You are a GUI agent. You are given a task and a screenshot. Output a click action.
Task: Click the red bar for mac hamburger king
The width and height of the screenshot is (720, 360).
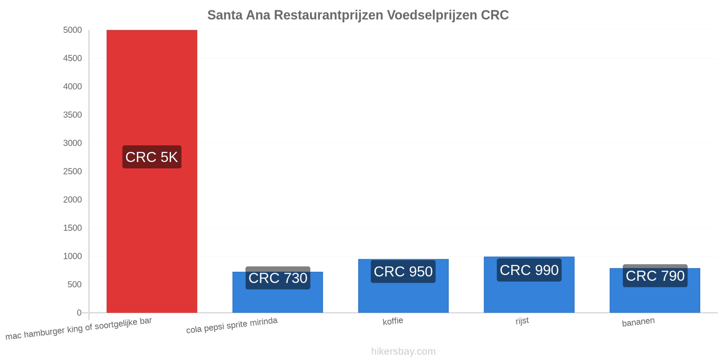point(152,171)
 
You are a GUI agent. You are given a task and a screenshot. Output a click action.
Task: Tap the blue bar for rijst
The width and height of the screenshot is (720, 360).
point(529,285)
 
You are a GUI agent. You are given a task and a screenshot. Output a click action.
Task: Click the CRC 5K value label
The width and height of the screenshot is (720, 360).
point(152,157)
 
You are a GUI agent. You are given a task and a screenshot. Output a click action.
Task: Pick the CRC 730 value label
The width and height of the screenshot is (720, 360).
point(278,278)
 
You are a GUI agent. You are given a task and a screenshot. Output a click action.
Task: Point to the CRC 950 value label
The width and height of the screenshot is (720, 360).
point(403,272)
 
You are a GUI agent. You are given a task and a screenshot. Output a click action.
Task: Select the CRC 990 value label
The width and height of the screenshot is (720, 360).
point(529,270)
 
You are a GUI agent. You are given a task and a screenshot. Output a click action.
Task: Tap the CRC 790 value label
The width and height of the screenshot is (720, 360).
point(655,276)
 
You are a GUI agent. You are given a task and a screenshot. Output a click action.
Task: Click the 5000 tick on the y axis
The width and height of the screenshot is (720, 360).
point(72,30)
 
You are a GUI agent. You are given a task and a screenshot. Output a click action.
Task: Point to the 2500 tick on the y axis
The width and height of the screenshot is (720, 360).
point(72,171)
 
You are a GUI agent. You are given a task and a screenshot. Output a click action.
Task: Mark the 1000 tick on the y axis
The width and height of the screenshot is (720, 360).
point(72,256)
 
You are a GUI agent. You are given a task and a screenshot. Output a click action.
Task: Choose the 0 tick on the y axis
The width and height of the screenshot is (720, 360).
point(79,313)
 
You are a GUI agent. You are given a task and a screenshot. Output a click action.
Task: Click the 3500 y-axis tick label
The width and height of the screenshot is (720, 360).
point(72,115)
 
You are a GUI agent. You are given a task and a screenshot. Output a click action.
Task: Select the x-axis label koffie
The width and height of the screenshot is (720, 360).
point(393,321)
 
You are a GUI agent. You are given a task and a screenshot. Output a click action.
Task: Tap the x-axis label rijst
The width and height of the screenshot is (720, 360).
point(522,321)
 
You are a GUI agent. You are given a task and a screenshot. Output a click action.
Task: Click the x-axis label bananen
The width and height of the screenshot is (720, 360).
point(638,322)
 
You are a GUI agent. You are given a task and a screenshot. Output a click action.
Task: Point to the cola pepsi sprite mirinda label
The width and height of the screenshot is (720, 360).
point(232,325)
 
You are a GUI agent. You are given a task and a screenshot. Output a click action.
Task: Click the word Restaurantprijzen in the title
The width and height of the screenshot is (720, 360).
point(328,15)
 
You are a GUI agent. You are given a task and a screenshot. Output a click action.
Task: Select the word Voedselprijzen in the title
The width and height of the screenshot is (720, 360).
point(432,15)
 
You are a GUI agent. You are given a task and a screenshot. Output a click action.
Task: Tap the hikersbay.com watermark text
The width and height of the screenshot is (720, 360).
point(403,351)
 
